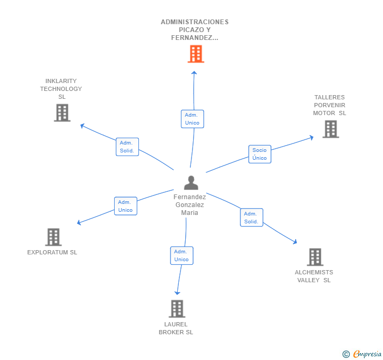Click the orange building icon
196,54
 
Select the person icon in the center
191,182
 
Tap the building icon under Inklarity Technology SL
62,113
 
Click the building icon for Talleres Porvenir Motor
331,129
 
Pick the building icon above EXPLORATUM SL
54,237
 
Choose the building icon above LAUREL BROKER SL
177,308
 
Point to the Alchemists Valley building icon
315,257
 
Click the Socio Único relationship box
260,154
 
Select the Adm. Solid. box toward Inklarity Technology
127,147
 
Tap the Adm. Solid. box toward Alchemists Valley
251,218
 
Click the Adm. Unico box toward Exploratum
126,206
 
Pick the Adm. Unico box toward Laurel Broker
182,255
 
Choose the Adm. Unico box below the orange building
193,119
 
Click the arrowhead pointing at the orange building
194,73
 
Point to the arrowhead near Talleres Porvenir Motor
311,137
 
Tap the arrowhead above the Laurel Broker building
177,293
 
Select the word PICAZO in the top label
191,30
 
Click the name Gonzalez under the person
190,205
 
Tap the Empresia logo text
367,354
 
